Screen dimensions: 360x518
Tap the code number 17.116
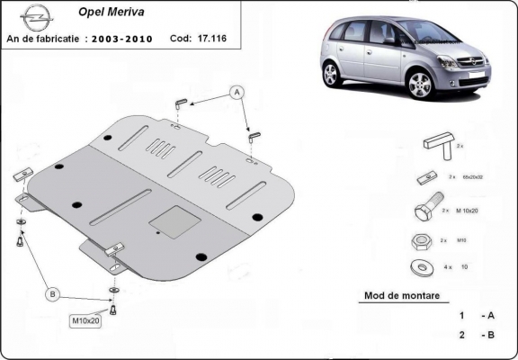[212, 39]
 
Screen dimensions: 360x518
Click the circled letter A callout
[237, 92]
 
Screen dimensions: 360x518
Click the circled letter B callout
[52, 294]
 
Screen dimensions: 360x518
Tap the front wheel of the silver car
[420, 85]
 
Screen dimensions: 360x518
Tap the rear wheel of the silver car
[332, 74]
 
